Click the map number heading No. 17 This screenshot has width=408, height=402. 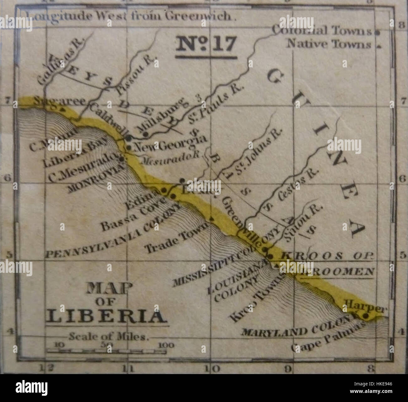click(206, 44)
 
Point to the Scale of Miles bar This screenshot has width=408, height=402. click(107, 352)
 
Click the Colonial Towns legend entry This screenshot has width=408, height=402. click(322, 31)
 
